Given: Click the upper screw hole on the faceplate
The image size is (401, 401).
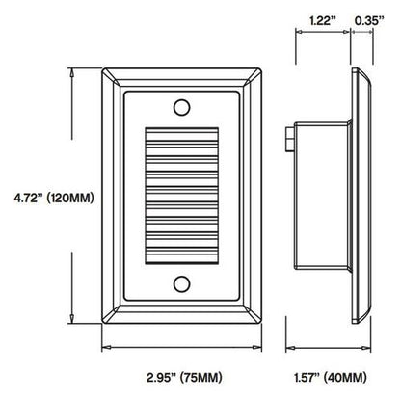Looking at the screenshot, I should pos(181,103).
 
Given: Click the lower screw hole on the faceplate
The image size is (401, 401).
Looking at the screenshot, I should pos(181,282).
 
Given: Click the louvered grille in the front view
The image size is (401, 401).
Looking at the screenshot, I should pos(181,193).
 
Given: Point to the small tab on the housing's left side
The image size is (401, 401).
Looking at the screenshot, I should pos(290,139).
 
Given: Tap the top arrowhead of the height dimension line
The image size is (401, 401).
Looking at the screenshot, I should pos(72,70).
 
